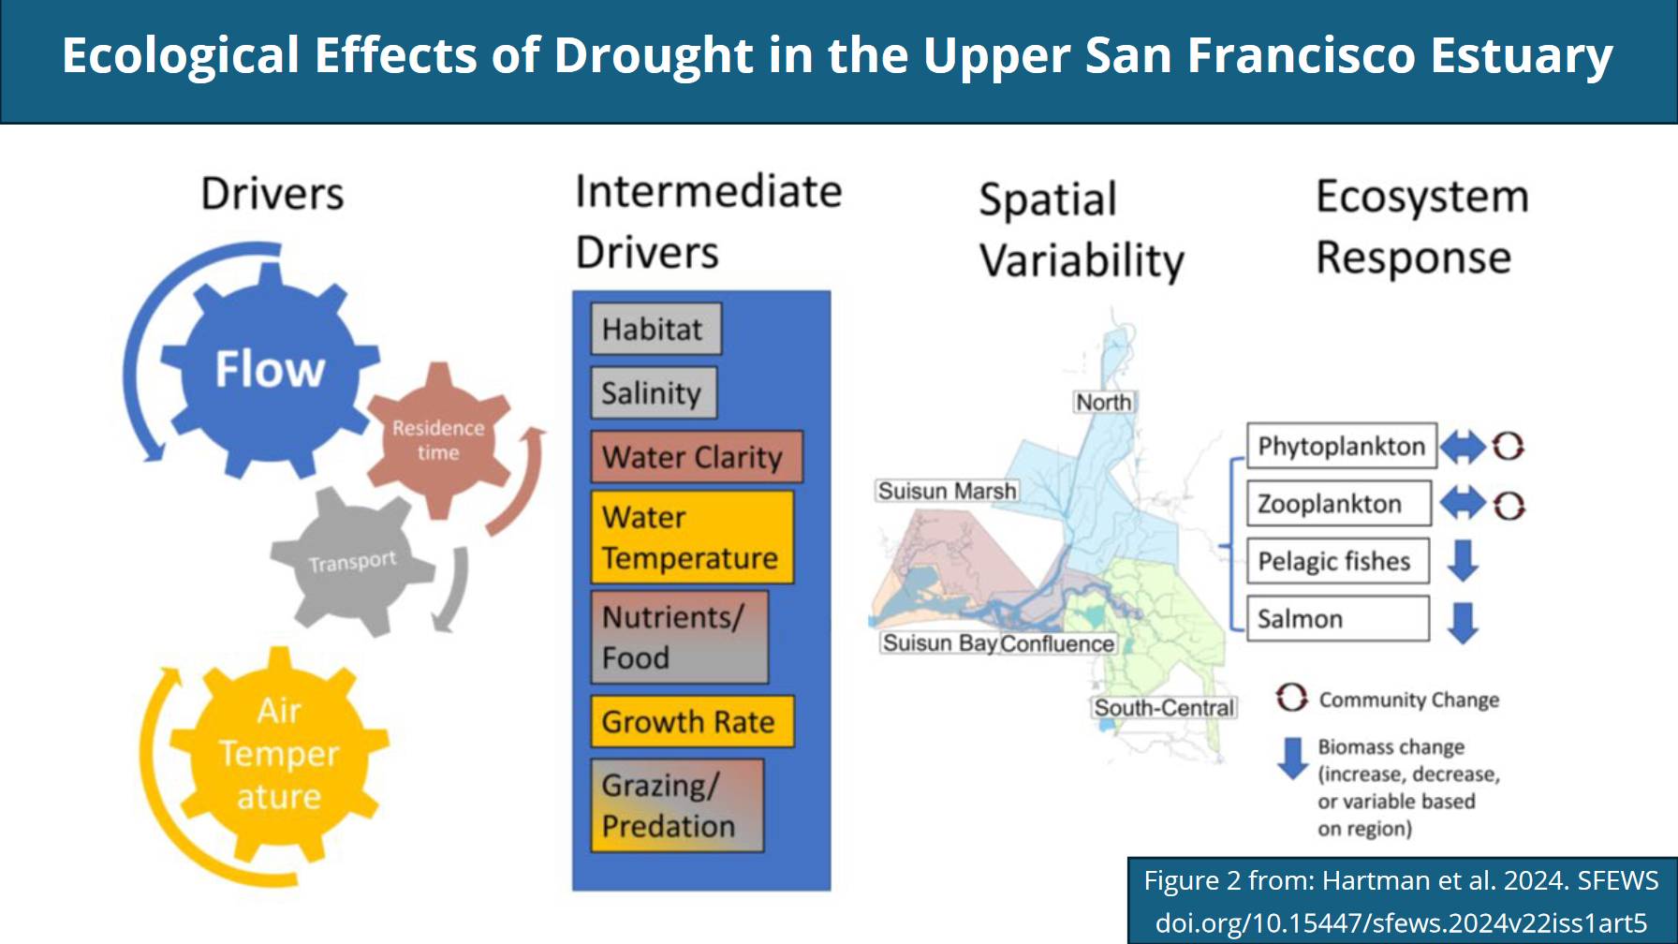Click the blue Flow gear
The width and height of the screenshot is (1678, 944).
(x=270, y=370)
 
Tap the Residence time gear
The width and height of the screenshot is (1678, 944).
(x=438, y=440)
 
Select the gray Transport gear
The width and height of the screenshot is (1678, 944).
(x=352, y=562)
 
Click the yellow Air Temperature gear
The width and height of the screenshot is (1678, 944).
(x=279, y=754)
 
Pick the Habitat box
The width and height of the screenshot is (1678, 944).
(x=655, y=329)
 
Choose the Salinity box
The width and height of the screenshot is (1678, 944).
(x=653, y=392)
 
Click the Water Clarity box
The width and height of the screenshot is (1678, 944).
(x=696, y=456)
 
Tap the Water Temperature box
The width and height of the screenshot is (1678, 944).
(x=692, y=537)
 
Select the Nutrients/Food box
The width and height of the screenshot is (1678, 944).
(x=679, y=637)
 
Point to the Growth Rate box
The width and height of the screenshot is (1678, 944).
(x=692, y=721)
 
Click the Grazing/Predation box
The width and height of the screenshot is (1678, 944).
(x=676, y=805)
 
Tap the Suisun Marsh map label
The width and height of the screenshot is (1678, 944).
(x=947, y=491)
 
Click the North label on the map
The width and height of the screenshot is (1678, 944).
(x=1104, y=402)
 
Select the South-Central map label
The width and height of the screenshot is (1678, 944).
(x=1164, y=708)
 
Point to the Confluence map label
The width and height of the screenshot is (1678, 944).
(x=1057, y=643)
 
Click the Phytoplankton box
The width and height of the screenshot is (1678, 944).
(x=1341, y=446)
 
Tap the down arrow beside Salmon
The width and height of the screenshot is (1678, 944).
(x=1463, y=622)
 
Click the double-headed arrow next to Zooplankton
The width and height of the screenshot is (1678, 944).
(x=1463, y=504)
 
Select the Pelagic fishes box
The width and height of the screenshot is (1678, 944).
(x=1338, y=561)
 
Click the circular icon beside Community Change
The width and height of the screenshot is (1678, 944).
(x=1292, y=697)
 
